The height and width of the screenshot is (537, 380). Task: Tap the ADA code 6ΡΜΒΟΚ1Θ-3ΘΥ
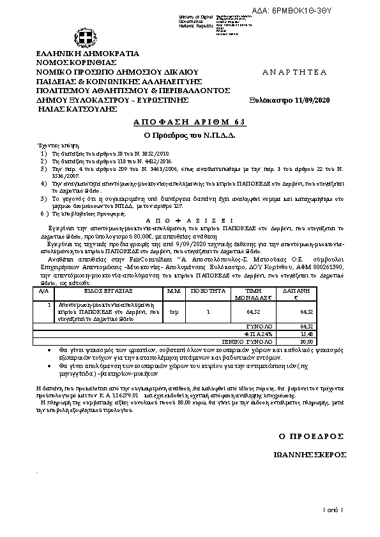pyautogui.click(x=340, y=6)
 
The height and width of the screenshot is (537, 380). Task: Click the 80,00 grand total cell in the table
pyautogui.click(x=307, y=342)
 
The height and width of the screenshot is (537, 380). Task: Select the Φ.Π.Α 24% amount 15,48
pyautogui.click(x=307, y=334)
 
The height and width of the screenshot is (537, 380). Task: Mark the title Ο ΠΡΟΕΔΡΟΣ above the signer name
pyautogui.click(x=312, y=436)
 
